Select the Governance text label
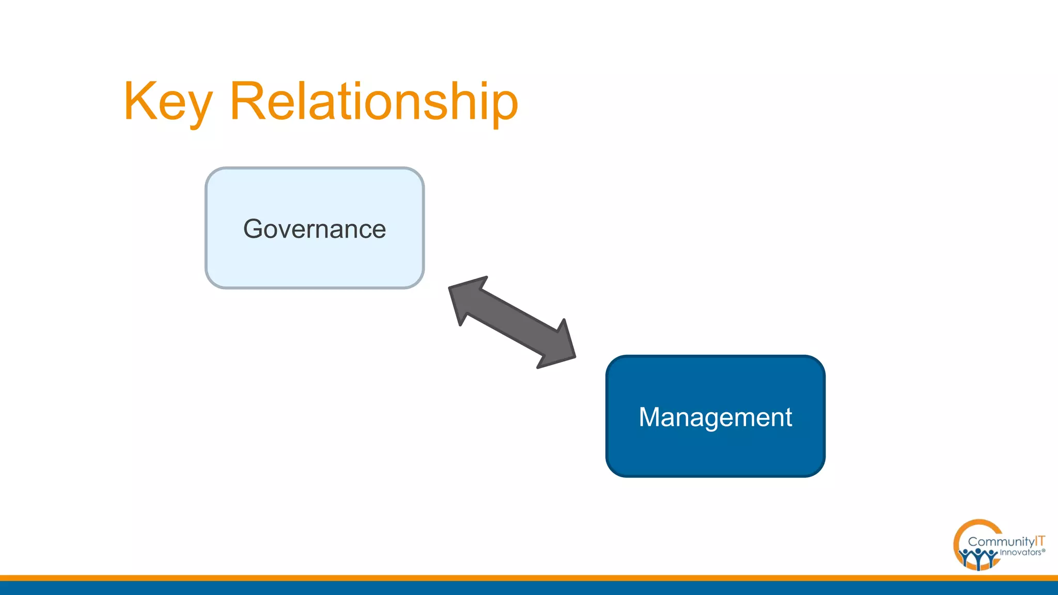pos(315,229)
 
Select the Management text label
pos(715,417)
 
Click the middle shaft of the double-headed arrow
pos(512,322)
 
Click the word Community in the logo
pos(1001,542)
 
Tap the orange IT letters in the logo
pos(1040,541)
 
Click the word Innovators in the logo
pos(1020,553)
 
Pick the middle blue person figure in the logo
pos(978,558)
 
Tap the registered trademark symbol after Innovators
pos(1044,551)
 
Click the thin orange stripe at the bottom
pos(529,578)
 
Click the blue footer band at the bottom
pos(529,588)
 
